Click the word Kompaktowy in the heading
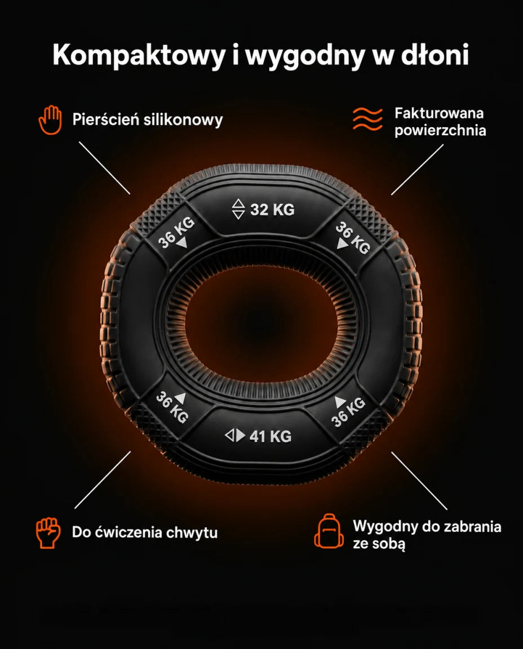[138, 55]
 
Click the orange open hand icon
[50, 120]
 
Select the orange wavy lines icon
[367, 119]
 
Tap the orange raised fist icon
[48, 532]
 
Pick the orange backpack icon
[329, 531]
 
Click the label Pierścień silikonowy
[148, 119]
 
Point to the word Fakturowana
[439, 113]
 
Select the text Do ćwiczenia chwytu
[144, 532]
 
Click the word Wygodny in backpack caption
[385, 527]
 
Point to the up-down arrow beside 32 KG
[238, 209]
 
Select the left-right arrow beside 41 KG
[235, 435]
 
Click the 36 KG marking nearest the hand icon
[176, 233]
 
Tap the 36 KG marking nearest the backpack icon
[348, 412]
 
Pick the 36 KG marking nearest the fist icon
[172, 408]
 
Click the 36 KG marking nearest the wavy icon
[353, 238]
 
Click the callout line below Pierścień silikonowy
[104, 168]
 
